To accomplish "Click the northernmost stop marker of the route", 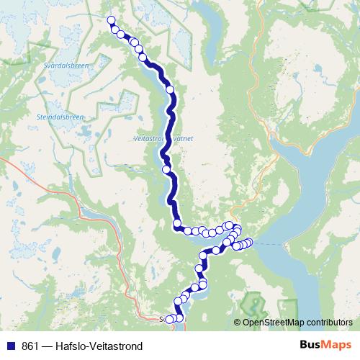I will tap(111, 20).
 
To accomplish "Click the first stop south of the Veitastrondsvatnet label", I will tap(167, 170).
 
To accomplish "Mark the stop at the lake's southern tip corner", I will tap(177, 225).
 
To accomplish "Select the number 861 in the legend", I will tap(32, 346).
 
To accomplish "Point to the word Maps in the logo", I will tap(338, 345).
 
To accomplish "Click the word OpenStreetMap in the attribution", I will tap(271, 323).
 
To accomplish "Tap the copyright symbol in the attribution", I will tap(238, 323).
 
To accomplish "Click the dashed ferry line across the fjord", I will tap(270, 244).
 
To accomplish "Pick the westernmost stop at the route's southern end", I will tap(170, 319).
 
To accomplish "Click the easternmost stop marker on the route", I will tap(250, 243).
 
